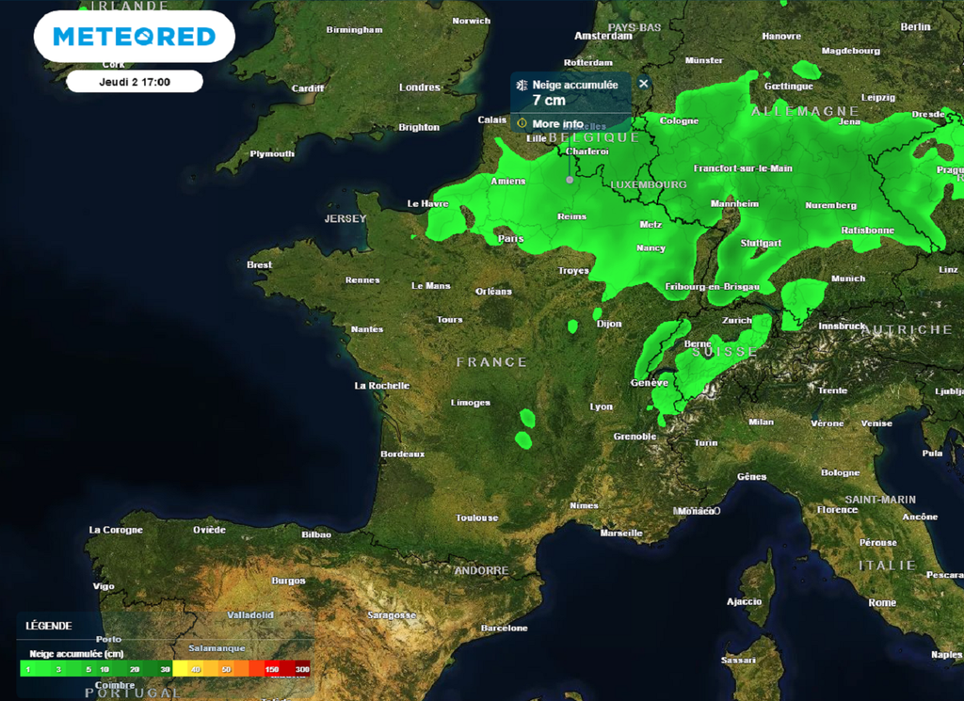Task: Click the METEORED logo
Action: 134,37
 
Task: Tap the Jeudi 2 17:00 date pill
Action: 135,82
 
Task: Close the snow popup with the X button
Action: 644,84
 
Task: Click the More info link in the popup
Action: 557,124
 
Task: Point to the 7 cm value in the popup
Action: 549,100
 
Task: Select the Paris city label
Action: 511,239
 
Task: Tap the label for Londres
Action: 420,88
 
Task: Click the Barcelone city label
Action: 505,628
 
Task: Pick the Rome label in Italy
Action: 882,602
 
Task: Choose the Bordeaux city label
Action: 402,454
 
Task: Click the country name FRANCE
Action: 491,362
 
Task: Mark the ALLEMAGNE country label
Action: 805,111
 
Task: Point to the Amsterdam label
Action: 603,36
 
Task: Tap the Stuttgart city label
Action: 762,243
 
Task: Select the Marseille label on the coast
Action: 621,534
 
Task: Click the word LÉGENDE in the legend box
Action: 49,626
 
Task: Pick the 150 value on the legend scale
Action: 272,669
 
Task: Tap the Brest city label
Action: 260,265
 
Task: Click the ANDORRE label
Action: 481,570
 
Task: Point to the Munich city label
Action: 848,279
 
